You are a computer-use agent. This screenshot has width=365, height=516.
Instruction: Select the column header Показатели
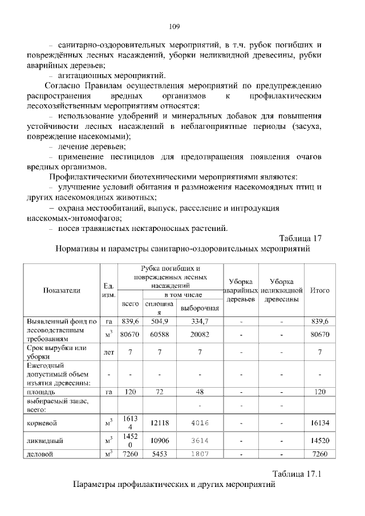pyautogui.click(x=62, y=290)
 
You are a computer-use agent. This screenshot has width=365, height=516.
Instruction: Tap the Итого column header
pyautogui.click(x=319, y=290)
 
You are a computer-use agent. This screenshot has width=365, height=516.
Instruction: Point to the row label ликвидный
pyautogui.click(x=44, y=441)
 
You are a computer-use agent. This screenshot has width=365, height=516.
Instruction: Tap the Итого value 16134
pyautogui.click(x=319, y=423)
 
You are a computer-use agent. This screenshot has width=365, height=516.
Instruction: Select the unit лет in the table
pyautogui.click(x=108, y=352)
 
